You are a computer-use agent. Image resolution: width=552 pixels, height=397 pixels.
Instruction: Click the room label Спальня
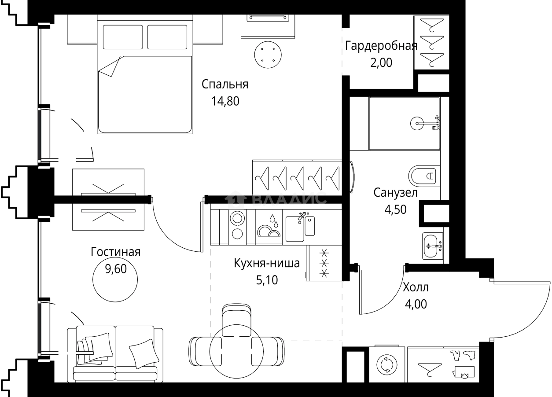225,84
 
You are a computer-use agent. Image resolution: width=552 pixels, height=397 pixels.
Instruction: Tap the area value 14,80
225,102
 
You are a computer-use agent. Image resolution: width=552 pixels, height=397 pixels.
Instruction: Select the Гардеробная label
381,46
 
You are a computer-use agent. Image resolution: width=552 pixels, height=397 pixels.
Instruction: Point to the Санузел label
395,192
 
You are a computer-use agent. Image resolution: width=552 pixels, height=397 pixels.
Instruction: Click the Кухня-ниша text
267,264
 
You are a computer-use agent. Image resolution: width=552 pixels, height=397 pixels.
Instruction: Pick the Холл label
415,287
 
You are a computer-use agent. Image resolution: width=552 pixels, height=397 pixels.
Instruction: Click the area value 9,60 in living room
115,269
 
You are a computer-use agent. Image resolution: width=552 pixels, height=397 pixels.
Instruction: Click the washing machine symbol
387,365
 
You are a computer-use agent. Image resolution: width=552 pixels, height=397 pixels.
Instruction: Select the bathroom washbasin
433,246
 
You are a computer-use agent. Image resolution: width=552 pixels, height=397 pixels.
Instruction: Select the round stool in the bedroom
268,55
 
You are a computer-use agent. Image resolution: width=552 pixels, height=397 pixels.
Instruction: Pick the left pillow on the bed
123,37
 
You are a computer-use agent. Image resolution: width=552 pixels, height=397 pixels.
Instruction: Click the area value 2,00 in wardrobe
381,63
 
